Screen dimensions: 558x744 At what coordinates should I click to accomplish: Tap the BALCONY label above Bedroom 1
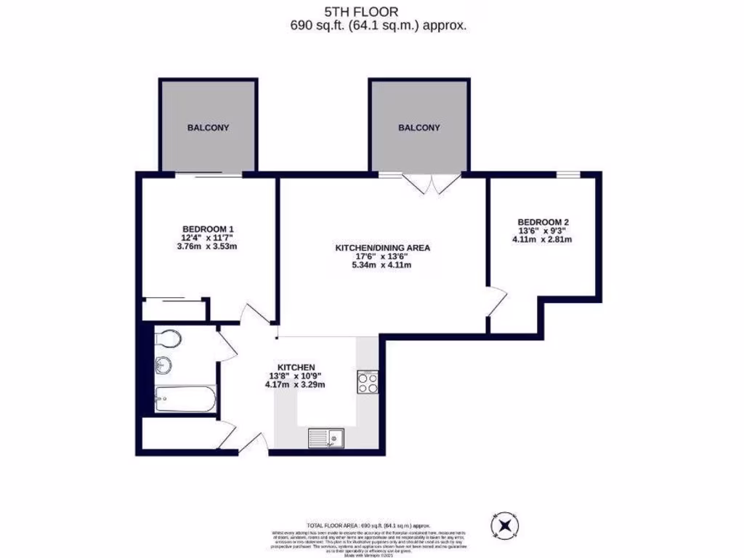click(208, 128)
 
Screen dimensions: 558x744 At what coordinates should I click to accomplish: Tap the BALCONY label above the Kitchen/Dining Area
click(418, 128)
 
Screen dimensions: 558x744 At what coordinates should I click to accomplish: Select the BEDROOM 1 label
click(208, 228)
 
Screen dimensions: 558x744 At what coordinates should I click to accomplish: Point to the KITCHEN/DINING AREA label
click(382, 248)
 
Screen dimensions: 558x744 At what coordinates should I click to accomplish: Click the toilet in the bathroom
click(169, 339)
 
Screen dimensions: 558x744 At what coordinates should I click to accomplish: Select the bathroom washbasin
click(163, 365)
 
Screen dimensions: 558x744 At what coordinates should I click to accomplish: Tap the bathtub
click(185, 400)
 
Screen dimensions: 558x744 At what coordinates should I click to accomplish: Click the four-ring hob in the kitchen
click(368, 381)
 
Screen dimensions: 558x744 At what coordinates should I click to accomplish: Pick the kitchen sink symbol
click(326, 437)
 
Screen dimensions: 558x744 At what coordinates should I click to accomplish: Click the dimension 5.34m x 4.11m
click(382, 265)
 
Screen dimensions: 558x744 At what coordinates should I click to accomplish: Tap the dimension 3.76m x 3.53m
click(208, 246)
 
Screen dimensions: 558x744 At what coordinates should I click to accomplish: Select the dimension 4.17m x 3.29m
click(295, 384)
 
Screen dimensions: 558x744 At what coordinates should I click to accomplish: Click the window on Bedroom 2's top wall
click(568, 174)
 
